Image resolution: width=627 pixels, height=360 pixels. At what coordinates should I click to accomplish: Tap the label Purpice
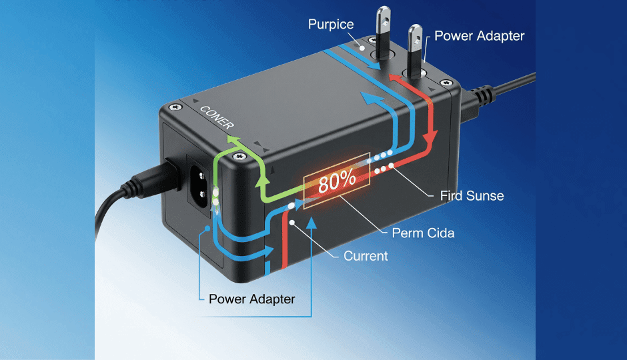[332, 25]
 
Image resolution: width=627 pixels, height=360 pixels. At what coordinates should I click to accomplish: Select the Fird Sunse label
[472, 195]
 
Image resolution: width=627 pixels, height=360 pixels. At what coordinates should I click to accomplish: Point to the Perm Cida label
[423, 234]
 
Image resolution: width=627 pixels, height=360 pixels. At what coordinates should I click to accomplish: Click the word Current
[366, 255]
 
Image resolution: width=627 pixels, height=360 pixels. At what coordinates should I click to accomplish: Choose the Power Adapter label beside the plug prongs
[480, 35]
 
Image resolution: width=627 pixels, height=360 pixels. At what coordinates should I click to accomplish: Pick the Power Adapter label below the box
[251, 299]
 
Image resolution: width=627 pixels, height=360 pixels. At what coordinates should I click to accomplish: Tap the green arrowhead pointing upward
[233, 139]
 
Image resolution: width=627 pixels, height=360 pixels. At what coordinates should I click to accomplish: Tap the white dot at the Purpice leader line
[361, 49]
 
